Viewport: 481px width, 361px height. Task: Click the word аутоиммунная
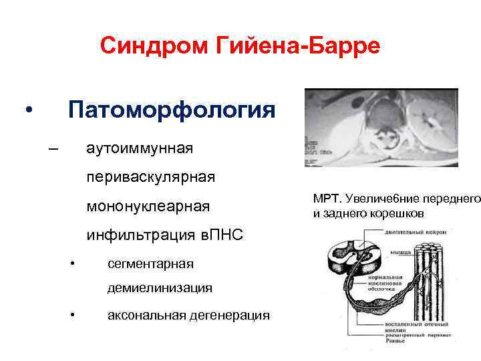[x=140, y=148]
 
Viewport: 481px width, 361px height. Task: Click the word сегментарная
[x=150, y=263]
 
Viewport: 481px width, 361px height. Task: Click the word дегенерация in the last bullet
[x=231, y=315]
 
